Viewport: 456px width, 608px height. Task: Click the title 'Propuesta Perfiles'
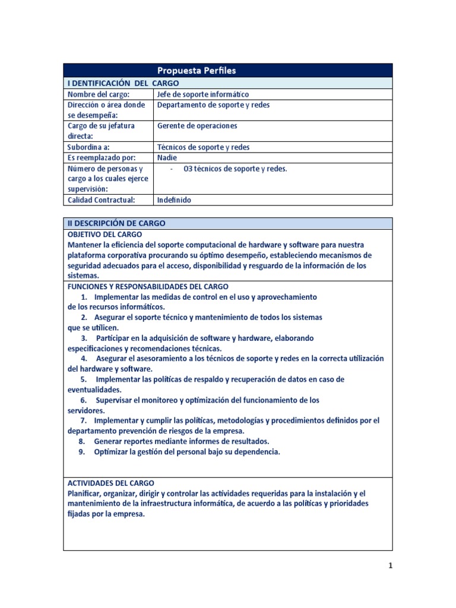197,71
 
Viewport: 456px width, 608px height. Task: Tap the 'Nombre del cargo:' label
98,94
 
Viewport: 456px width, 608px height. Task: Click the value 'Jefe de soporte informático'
203,94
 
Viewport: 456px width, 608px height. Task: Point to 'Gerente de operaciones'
197,126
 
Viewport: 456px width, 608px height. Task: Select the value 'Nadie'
167,158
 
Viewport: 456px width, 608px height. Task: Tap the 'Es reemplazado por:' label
102,158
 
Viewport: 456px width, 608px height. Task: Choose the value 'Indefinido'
174,200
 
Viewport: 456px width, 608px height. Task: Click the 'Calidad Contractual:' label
102,200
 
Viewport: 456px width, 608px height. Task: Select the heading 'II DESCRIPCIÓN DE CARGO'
116,223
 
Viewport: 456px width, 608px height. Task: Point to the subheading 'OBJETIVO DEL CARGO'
105,235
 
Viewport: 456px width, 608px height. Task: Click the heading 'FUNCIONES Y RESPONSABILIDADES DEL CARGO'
148,286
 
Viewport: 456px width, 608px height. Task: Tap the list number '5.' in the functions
84,379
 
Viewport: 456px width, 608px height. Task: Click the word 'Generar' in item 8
108,441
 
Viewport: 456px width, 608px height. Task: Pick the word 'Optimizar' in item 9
111,452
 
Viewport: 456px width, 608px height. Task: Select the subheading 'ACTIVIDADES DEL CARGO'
110,483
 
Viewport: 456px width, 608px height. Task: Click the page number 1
390,566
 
